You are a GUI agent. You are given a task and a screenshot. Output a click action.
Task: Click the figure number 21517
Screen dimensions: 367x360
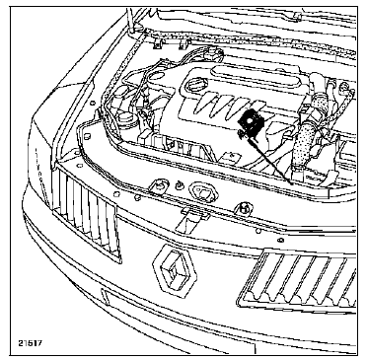(x=30, y=343)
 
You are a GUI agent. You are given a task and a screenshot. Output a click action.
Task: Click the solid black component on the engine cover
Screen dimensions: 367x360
(x=251, y=122)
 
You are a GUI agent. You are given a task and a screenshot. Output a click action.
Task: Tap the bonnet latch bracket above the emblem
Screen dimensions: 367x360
(x=192, y=218)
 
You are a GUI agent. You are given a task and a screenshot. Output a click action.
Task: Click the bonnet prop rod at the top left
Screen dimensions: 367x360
(x=130, y=20)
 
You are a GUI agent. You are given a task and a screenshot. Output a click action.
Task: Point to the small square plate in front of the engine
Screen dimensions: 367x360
(x=232, y=156)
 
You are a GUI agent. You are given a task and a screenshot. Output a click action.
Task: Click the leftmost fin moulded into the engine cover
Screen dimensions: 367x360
(x=203, y=103)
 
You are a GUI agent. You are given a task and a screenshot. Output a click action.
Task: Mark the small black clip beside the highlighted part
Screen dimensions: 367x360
(x=241, y=133)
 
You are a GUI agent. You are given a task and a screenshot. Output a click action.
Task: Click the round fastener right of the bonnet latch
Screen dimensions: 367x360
(x=245, y=208)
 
